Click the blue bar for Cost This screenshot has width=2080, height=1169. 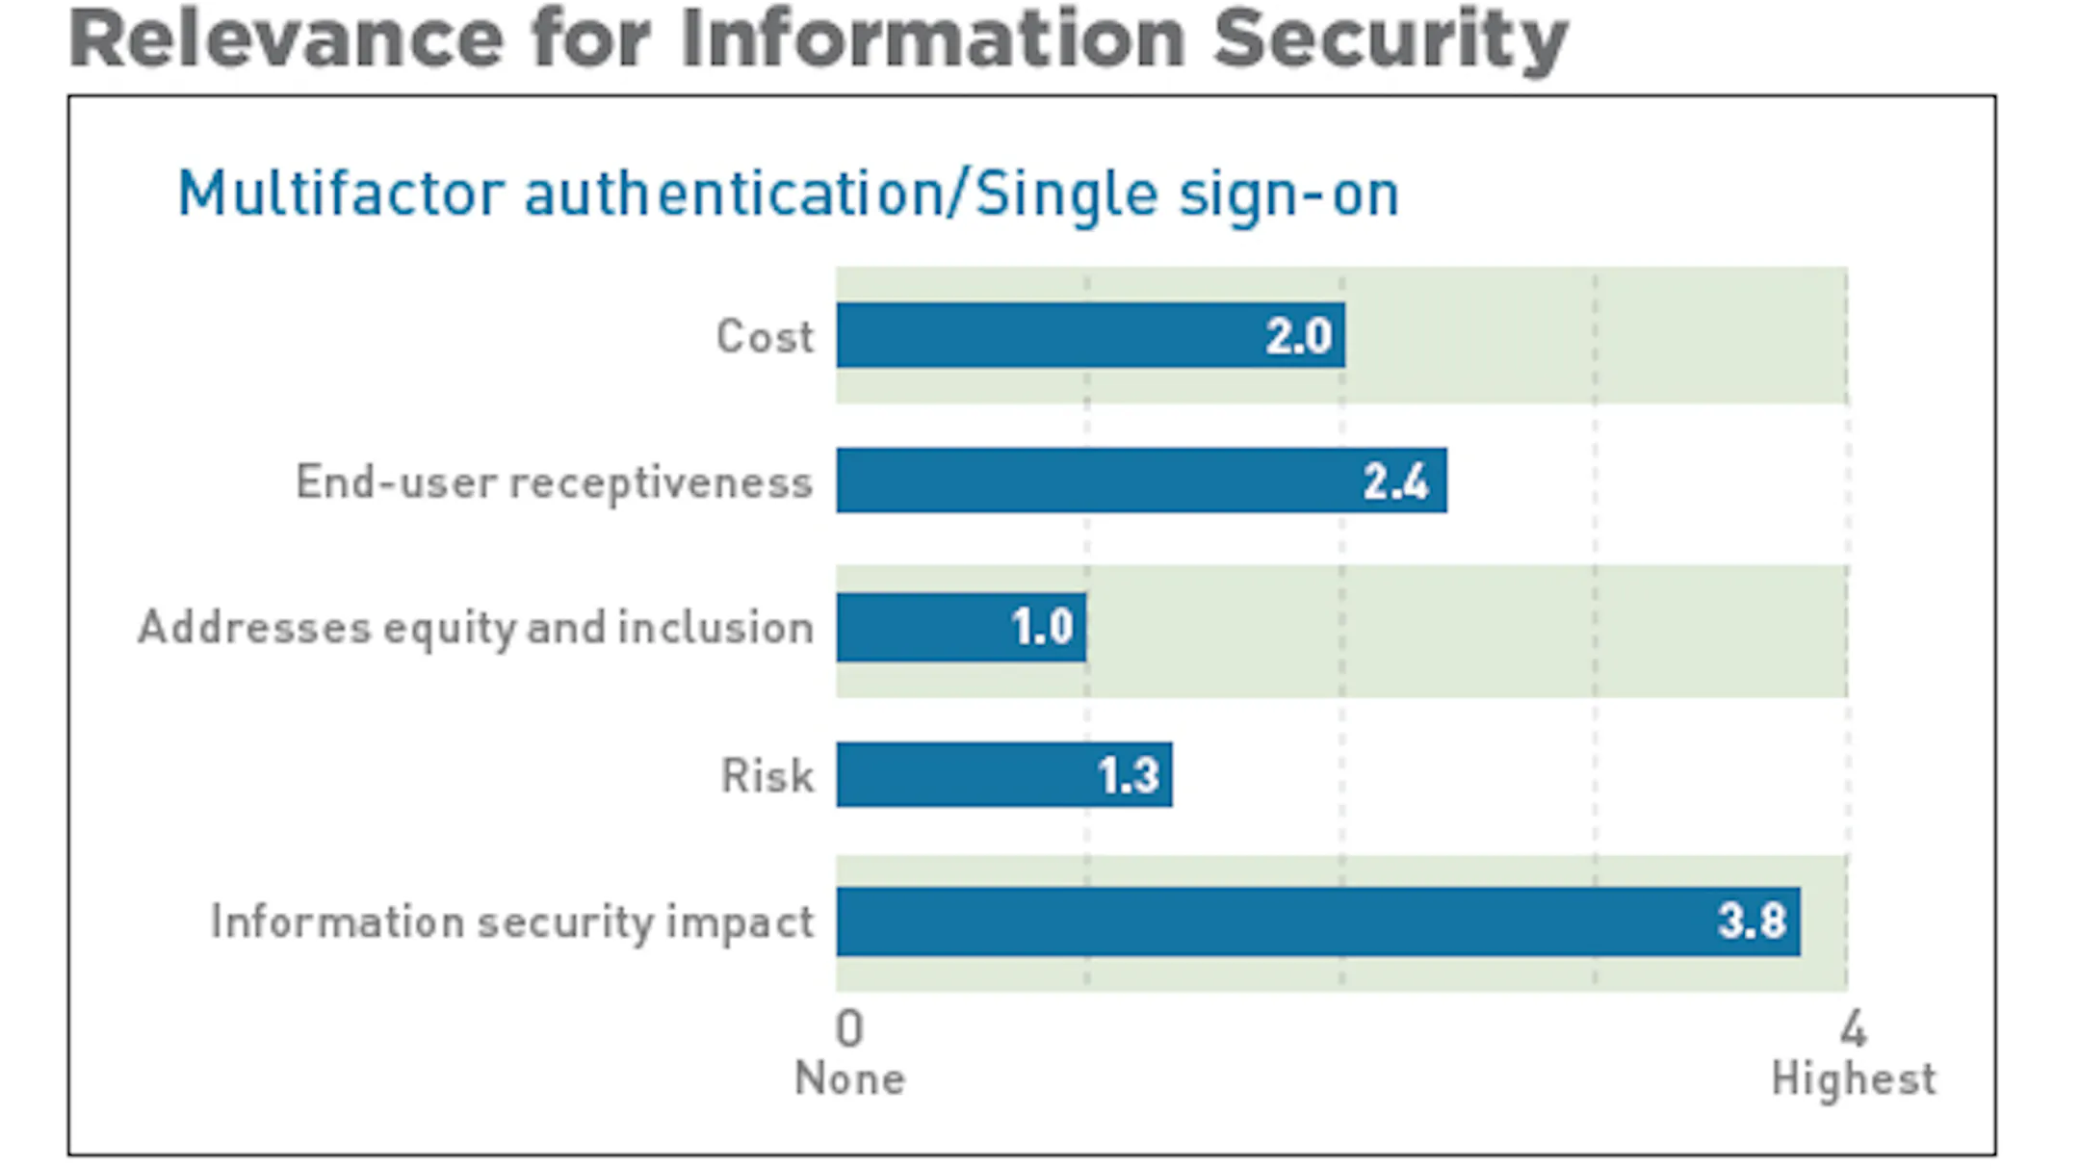coord(1091,335)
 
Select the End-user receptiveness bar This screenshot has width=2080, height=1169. coord(1142,481)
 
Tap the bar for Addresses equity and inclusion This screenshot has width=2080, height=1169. coord(962,627)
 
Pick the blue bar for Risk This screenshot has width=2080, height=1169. coord(1004,774)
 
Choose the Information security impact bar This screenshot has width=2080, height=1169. coord(1318,922)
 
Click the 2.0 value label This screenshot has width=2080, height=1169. coord(1299,336)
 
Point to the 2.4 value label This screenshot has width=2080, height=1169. coord(1396,481)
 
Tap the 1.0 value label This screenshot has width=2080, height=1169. coord(1042,628)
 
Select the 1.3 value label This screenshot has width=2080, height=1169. coord(1128,775)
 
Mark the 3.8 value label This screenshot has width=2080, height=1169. coord(1753,921)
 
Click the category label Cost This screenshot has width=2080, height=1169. coord(766,337)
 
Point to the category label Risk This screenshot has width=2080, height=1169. coord(767,775)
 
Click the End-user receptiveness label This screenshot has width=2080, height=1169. coord(555,482)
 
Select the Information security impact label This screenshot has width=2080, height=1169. coord(512,922)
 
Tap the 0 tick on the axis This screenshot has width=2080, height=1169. coord(849,1028)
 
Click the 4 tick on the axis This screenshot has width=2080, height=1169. coord(1854,1028)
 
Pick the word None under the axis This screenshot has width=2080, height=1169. coord(850,1078)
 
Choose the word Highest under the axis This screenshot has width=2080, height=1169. coord(1854,1078)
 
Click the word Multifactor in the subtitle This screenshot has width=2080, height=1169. coord(342,194)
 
